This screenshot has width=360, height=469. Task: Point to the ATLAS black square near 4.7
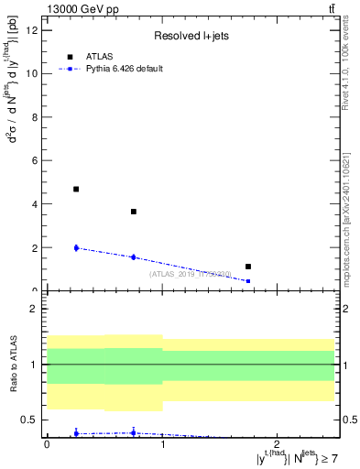click(76, 189)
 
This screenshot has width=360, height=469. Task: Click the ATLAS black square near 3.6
click(134, 212)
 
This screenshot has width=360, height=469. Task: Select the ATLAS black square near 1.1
click(248, 267)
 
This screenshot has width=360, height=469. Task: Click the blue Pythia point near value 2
click(76, 247)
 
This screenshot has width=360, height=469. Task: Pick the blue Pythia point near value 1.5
click(134, 257)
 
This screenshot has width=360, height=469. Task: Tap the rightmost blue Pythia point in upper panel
click(248, 281)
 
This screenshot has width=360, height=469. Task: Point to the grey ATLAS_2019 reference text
click(191, 274)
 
